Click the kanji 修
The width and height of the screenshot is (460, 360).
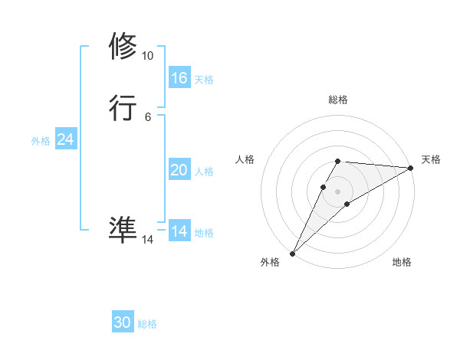click(x=123, y=46)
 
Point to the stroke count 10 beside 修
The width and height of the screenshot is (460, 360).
click(x=147, y=56)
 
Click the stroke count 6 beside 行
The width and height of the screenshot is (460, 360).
click(x=147, y=117)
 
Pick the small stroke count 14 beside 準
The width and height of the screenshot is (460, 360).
click(x=147, y=240)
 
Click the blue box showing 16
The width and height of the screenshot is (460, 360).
click(x=179, y=78)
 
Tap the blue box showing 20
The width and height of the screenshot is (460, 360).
click(x=179, y=170)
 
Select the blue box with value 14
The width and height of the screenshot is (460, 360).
click(x=179, y=231)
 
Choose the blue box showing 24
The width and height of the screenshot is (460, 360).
click(x=66, y=139)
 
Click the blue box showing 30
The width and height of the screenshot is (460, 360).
click(x=123, y=322)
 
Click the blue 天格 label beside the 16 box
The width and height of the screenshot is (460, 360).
click(x=204, y=79)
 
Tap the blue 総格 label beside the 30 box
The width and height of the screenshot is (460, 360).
click(x=147, y=324)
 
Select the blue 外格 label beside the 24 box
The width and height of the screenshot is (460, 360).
click(x=41, y=141)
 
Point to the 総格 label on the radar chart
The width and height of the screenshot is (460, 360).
click(x=338, y=100)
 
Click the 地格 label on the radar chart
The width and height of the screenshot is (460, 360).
click(x=402, y=262)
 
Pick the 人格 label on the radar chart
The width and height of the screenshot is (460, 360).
click(x=245, y=159)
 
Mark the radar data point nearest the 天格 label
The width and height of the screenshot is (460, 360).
click(x=411, y=168)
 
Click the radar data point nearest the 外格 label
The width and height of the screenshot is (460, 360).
click(x=293, y=253)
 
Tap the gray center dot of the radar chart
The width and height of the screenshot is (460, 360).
click(x=338, y=191)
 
